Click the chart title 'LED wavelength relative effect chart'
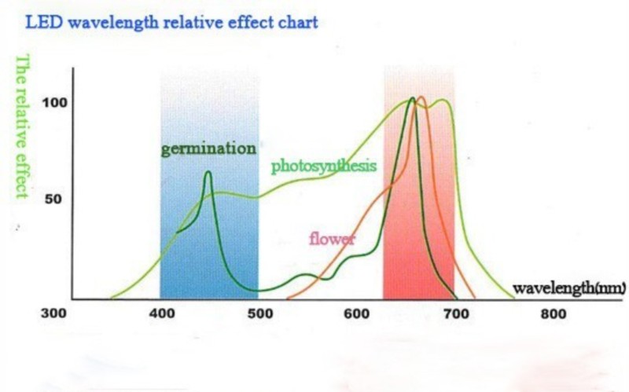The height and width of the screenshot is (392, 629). coord(171,22)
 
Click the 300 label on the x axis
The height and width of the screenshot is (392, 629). coord(53,314)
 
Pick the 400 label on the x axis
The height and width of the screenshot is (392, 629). coord(160,314)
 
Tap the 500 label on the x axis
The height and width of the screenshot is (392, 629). coord(259,314)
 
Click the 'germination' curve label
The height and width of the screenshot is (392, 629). coord(208,148)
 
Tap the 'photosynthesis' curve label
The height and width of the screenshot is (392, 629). coord(324,166)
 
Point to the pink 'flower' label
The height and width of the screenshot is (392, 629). coord(332,238)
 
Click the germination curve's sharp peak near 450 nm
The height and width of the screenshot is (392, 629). coord(208,172)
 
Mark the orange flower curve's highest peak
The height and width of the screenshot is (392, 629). coord(421,97)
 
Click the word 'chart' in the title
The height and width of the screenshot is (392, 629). coord(298,22)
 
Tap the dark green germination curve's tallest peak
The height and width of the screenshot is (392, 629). coord(412,98)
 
